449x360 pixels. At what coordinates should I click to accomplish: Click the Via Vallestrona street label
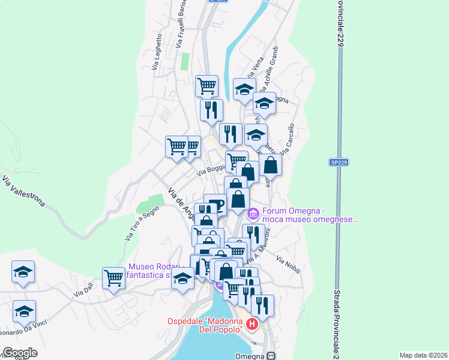24,190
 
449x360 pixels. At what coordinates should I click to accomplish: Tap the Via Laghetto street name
158,52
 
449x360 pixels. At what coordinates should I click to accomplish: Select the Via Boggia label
211,171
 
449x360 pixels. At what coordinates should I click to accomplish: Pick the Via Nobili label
288,264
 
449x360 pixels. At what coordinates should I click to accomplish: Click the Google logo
20,353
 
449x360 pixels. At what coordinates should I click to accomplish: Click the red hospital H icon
252,325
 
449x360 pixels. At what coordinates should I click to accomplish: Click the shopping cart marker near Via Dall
113,277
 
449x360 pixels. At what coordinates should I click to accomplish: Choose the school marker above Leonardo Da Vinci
23,311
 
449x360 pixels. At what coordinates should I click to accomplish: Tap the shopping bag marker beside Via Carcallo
271,166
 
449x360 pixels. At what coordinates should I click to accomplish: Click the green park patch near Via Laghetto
185,61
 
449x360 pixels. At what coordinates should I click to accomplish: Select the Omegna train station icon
271,355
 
